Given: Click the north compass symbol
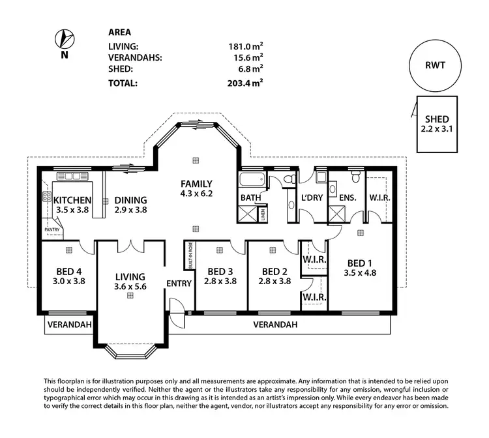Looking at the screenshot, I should pyautogui.click(x=63, y=38).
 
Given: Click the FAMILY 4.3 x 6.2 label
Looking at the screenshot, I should pyautogui.click(x=197, y=188).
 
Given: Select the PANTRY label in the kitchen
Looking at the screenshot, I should pyautogui.click(x=52, y=229).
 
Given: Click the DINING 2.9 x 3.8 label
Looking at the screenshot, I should pyautogui.click(x=130, y=205).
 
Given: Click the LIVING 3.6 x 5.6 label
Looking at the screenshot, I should pyautogui.click(x=130, y=282).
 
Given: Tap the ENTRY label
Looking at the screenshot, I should pyautogui.click(x=179, y=284).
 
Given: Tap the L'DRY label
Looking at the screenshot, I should pyautogui.click(x=312, y=197).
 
